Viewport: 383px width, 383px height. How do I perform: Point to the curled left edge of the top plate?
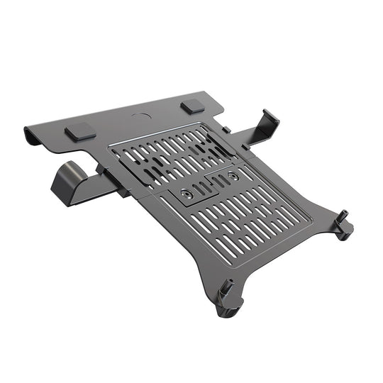tap(32, 133)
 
